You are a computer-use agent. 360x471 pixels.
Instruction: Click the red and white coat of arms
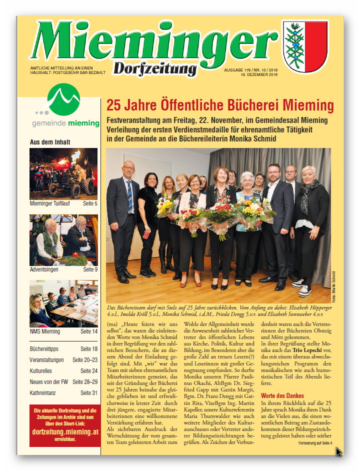(x=305, y=46)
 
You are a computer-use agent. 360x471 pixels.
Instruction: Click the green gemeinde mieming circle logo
(x=63, y=99)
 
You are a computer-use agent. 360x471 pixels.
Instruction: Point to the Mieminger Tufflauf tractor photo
(x=63, y=173)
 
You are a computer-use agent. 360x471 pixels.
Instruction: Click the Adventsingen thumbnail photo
(x=63, y=239)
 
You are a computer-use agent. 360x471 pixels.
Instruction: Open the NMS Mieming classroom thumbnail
(x=63, y=303)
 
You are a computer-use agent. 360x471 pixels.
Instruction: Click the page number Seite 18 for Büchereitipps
(x=89, y=349)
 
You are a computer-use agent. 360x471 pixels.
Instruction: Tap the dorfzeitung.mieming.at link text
(x=65, y=431)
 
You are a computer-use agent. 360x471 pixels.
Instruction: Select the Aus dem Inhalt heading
(x=50, y=142)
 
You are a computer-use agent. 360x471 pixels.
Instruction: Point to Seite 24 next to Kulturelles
(x=89, y=371)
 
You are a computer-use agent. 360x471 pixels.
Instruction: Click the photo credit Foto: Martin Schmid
(x=333, y=286)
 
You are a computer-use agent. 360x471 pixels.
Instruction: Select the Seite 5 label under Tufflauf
(x=90, y=203)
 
